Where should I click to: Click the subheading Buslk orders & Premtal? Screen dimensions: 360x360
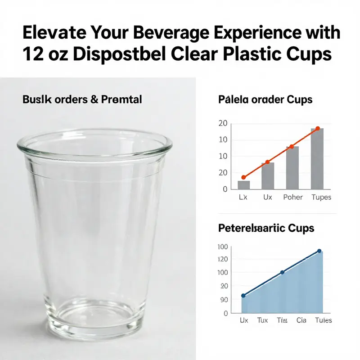(x=82, y=99)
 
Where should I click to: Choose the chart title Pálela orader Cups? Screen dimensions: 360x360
(x=265, y=99)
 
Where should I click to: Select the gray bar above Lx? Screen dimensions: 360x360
(x=243, y=184)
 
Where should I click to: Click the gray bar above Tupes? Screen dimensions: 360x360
(x=317, y=158)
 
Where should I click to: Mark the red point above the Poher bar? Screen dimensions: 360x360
(x=292, y=147)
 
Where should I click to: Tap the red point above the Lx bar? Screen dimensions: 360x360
(x=243, y=177)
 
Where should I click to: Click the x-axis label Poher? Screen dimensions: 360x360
(x=292, y=198)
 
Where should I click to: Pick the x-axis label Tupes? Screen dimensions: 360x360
(x=321, y=198)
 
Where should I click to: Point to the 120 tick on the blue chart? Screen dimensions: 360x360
(x=223, y=259)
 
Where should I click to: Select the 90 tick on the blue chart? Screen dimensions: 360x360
(x=224, y=300)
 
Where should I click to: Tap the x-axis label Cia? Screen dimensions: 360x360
(x=301, y=320)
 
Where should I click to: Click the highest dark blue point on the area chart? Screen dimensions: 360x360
(x=319, y=251)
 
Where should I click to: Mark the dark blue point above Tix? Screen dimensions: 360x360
(x=282, y=272)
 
